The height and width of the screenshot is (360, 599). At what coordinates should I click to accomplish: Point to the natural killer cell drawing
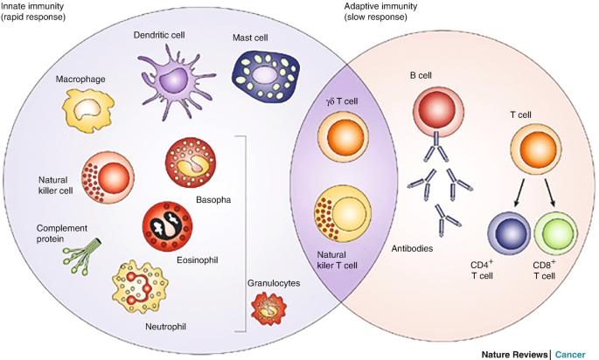coord(107,176)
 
